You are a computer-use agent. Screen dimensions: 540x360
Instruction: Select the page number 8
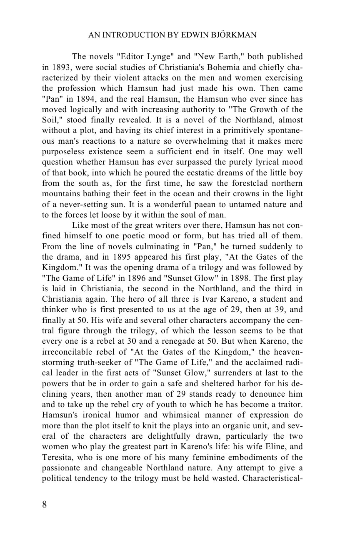point(45,505)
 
